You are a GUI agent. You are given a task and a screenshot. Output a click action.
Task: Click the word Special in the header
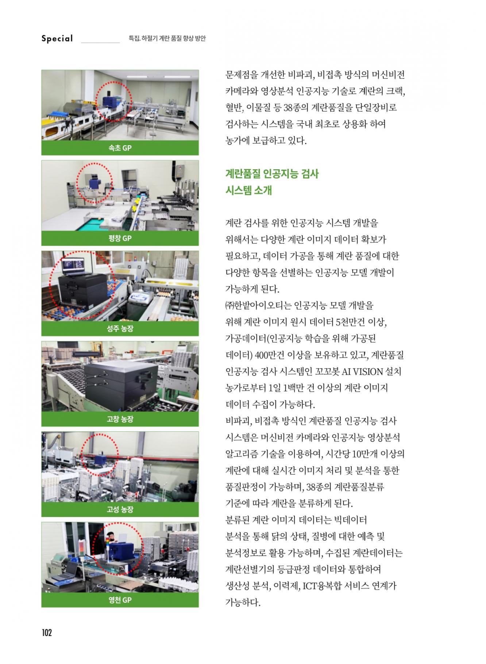57,39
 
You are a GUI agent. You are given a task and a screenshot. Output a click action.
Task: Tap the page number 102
47,632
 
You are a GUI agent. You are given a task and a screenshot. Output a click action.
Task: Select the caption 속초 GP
120,148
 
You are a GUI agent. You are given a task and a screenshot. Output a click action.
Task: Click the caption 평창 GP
120,239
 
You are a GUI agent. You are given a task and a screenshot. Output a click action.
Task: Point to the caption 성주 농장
120,329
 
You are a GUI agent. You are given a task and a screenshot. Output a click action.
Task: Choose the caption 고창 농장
120,419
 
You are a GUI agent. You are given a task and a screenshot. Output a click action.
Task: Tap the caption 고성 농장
120,509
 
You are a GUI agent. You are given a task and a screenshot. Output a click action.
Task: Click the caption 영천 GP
120,600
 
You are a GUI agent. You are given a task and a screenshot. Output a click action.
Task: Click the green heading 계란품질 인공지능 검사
272,174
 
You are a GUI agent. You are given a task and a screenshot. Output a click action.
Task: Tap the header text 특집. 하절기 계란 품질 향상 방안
167,38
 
